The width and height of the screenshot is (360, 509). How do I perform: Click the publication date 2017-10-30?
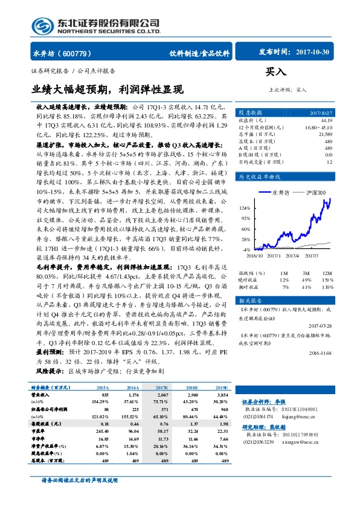pyautogui.click(x=313, y=53)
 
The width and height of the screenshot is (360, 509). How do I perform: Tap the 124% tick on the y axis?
pyautogui.click(x=245, y=207)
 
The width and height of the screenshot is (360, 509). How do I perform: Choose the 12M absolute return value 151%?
pyautogui.click(x=327, y=279)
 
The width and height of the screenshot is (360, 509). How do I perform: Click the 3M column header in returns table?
pyautogui.click(x=305, y=273)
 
